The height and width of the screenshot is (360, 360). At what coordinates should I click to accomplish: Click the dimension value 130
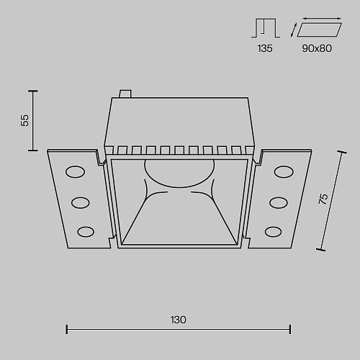point(179,320)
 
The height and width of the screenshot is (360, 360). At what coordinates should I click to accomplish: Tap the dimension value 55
point(25,120)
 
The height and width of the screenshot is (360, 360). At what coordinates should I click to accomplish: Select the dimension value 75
point(323,199)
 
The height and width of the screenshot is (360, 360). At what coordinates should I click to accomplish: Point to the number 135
point(265,48)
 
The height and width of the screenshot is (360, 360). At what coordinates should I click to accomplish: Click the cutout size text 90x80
point(317,48)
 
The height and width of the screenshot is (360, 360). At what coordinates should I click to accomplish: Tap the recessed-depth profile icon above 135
point(266,28)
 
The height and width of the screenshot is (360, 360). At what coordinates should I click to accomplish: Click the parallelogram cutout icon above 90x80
point(319,30)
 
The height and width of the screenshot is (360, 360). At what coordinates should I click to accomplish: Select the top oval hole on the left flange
point(75,172)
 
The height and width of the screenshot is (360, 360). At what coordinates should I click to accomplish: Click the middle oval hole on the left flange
point(81,203)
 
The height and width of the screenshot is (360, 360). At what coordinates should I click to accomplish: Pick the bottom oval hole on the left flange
point(86,232)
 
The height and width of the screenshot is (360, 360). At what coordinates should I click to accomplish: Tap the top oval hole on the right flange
point(284,172)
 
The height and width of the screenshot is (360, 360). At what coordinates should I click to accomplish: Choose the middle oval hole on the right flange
point(279,203)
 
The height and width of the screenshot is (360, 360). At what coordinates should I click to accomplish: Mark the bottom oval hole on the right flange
point(273,232)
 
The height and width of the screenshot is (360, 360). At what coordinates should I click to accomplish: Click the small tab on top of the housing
point(125,94)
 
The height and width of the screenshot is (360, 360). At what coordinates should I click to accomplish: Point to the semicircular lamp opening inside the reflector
point(179,174)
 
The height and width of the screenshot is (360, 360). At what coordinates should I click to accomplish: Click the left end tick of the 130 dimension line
point(67,329)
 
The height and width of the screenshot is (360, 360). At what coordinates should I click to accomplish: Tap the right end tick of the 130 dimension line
point(290,329)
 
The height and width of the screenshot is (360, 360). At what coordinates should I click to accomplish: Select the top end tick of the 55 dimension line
point(33,91)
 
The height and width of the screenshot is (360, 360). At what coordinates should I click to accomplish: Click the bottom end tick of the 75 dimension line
point(321,250)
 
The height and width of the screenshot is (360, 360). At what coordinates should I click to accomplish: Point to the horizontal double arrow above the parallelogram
point(322,18)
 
